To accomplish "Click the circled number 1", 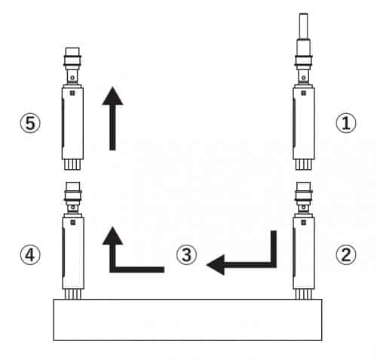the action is click(346, 123).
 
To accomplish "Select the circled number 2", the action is click(346, 254).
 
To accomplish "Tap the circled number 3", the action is click(186, 254).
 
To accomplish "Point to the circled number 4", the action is click(30, 254).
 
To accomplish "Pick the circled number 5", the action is click(30, 123).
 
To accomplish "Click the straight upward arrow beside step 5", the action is click(112, 118).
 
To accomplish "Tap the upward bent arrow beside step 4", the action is click(112, 266).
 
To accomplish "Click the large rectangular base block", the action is click(188, 320).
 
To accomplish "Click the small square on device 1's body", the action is click(304, 93).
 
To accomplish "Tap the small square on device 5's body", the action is click(72, 93).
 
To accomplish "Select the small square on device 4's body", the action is click(73, 223).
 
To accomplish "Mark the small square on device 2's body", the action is click(304, 223).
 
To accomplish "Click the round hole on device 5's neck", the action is click(72, 78).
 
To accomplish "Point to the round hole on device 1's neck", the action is click(304, 78).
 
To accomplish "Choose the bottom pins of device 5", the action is click(72, 165).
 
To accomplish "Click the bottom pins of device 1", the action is click(304, 165).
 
